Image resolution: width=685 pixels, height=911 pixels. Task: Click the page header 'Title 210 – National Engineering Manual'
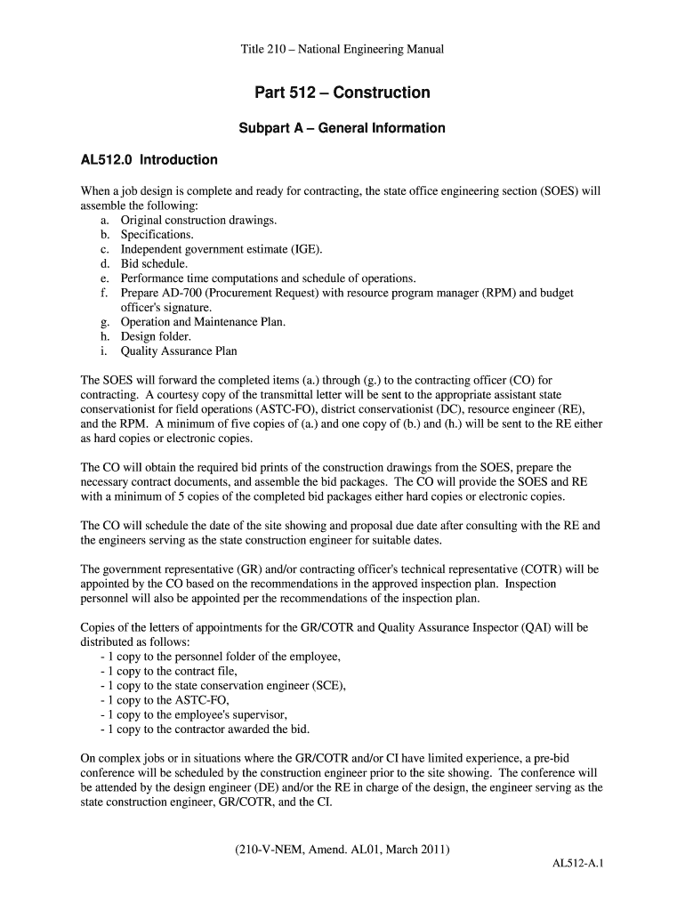(x=342, y=50)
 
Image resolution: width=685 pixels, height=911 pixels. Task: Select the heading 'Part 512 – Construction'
(x=342, y=93)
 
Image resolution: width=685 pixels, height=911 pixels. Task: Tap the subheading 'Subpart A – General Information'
(x=342, y=128)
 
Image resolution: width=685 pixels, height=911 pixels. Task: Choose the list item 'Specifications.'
(x=157, y=235)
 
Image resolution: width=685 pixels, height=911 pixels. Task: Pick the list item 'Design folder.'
(x=156, y=336)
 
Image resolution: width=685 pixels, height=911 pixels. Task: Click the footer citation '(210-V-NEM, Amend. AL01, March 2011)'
(x=342, y=850)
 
